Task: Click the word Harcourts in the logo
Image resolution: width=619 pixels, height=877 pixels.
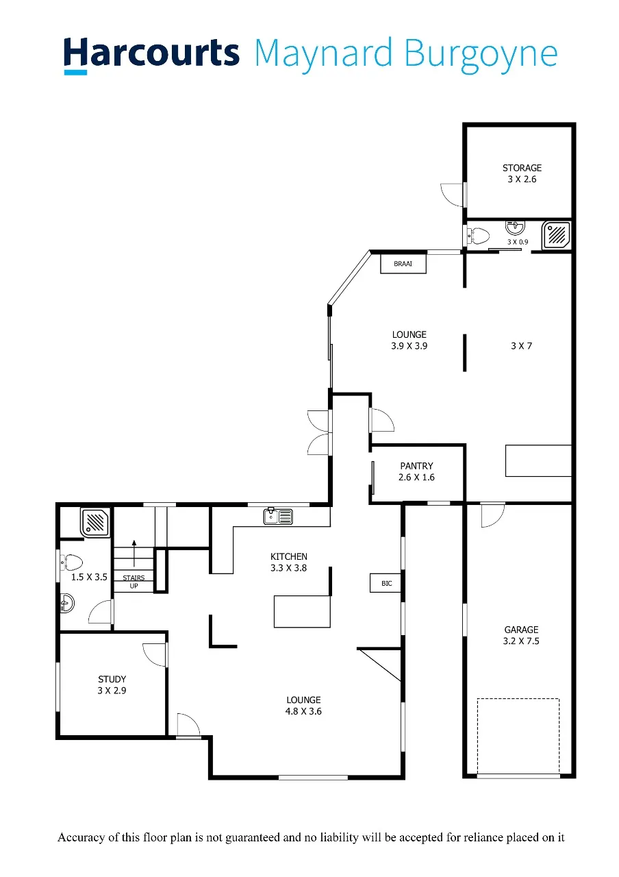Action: tap(151, 54)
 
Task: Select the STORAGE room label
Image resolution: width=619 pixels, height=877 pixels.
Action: tap(522, 168)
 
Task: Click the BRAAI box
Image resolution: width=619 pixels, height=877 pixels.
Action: tap(403, 264)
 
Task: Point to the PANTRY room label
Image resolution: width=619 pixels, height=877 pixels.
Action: tap(416, 466)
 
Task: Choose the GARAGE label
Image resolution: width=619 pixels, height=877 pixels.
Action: tap(521, 630)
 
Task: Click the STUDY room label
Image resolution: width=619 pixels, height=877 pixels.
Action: tap(112, 679)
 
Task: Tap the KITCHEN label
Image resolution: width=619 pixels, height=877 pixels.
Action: tap(289, 556)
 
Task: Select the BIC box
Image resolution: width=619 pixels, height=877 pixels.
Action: tap(386, 583)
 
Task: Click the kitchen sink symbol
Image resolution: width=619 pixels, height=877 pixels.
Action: tap(278, 516)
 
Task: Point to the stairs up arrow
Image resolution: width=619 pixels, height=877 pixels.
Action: tap(134, 553)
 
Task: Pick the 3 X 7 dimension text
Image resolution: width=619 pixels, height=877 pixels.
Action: tap(521, 346)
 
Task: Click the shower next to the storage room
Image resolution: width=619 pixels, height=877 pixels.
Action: tap(557, 235)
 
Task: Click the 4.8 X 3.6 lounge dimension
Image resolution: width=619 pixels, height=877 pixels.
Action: tap(303, 711)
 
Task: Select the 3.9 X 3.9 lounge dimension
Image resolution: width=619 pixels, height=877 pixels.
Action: tap(409, 346)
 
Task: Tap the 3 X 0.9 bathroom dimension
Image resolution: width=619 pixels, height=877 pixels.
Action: tap(518, 242)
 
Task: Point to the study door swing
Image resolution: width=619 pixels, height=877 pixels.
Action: tap(155, 654)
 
